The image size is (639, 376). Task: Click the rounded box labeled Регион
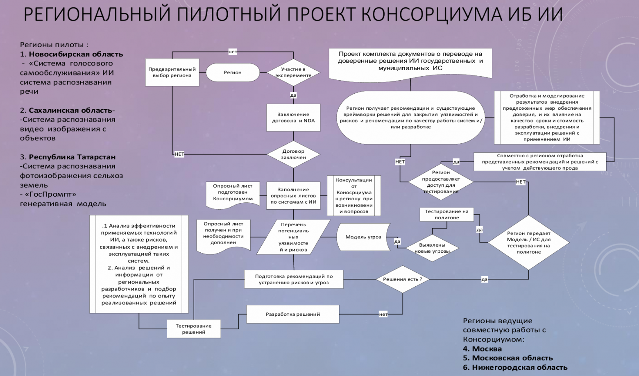(x=233, y=72)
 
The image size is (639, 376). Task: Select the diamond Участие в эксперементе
(x=293, y=72)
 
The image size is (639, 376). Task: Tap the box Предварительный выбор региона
(x=172, y=72)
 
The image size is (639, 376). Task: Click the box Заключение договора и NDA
(x=293, y=118)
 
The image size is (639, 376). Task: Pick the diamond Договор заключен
(x=293, y=154)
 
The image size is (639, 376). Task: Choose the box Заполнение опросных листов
(x=293, y=196)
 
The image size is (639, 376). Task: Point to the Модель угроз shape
(x=363, y=237)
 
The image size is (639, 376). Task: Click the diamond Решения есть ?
(x=403, y=279)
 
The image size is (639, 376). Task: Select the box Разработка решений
(x=292, y=315)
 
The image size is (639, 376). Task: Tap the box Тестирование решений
(x=194, y=329)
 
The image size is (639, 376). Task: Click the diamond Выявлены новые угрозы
(x=432, y=248)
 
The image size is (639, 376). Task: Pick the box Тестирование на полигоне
(x=446, y=215)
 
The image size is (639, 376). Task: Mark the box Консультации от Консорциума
(x=354, y=196)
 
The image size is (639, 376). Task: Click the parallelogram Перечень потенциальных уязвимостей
(x=293, y=237)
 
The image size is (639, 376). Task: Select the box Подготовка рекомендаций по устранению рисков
(x=294, y=279)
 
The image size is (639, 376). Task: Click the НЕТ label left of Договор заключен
(x=179, y=154)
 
